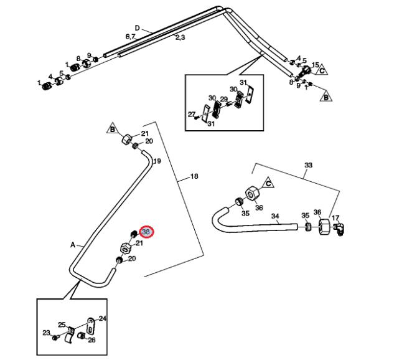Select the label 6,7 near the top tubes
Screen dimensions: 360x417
click(x=130, y=37)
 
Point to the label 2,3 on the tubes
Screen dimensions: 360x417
click(x=180, y=38)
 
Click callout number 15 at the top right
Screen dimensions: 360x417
click(x=315, y=65)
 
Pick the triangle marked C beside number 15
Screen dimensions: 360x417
click(x=322, y=72)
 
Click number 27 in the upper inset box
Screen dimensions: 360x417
click(x=192, y=114)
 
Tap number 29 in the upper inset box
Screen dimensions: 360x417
click(x=224, y=100)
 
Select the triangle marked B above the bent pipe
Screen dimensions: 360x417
click(x=113, y=130)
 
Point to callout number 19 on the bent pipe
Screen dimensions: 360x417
click(x=157, y=161)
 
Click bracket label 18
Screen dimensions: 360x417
click(x=194, y=177)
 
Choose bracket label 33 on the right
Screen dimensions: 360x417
click(x=308, y=165)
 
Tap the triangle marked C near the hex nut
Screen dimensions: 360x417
click(x=268, y=183)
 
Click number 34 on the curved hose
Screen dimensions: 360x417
click(x=275, y=216)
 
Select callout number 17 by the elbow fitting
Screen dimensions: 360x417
click(x=335, y=218)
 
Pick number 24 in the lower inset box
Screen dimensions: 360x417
click(x=103, y=318)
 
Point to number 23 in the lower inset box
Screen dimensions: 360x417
click(x=46, y=333)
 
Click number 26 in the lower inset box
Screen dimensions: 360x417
click(x=91, y=340)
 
